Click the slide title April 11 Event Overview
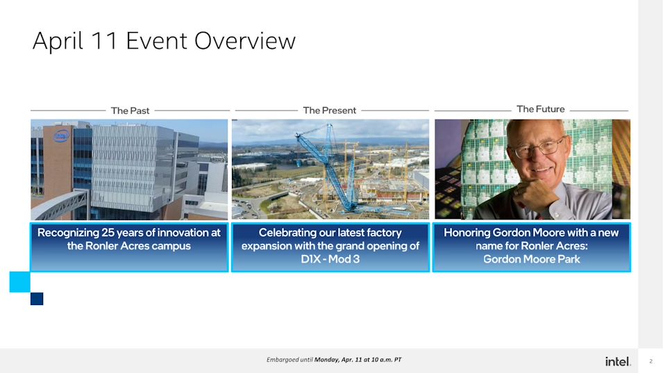(x=164, y=41)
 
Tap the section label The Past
(x=131, y=111)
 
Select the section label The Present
(x=329, y=110)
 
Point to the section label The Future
(x=540, y=109)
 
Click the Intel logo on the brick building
(x=61, y=135)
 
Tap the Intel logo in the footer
(x=618, y=361)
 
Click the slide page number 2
(x=651, y=361)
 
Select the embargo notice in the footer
(x=334, y=360)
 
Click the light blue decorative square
(x=20, y=282)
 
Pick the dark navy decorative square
(x=37, y=299)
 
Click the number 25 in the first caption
(x=108, y=233)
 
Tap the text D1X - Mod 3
(x=330, y=259)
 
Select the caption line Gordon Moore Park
(x=532, y=259)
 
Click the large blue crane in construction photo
(x=334, y=169)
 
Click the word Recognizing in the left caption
(x=68, y=233)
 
